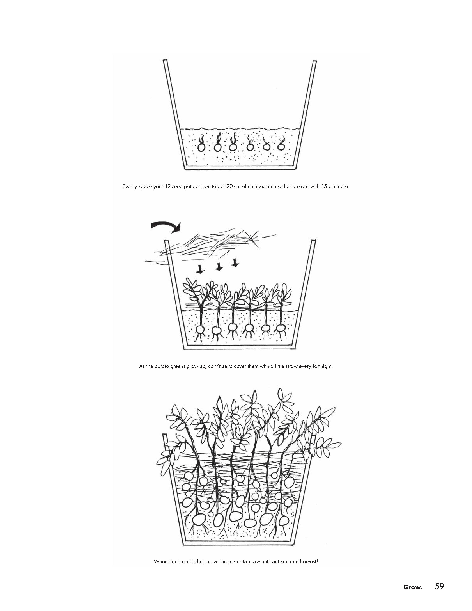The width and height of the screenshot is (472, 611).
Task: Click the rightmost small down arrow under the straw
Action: click(236, 262)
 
